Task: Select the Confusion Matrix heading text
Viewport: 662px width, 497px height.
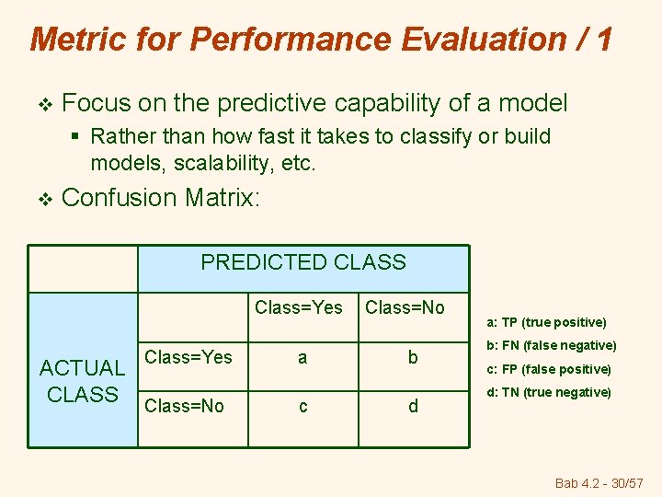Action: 161,198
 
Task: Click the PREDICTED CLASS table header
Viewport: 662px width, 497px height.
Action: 302,262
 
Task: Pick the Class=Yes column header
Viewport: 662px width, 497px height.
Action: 298,307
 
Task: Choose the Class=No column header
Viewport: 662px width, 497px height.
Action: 404,307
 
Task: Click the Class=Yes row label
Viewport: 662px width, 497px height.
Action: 188,357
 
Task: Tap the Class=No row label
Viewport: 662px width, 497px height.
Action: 185,406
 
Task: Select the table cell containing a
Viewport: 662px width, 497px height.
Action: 302,357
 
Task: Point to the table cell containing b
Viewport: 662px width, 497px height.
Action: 413,357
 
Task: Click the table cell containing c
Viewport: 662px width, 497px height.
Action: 302,406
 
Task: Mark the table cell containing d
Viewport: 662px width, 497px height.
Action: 413,406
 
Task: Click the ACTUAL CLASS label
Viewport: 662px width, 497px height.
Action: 83,381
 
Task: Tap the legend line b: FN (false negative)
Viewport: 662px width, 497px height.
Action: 549,345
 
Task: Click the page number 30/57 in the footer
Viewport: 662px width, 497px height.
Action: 626,483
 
